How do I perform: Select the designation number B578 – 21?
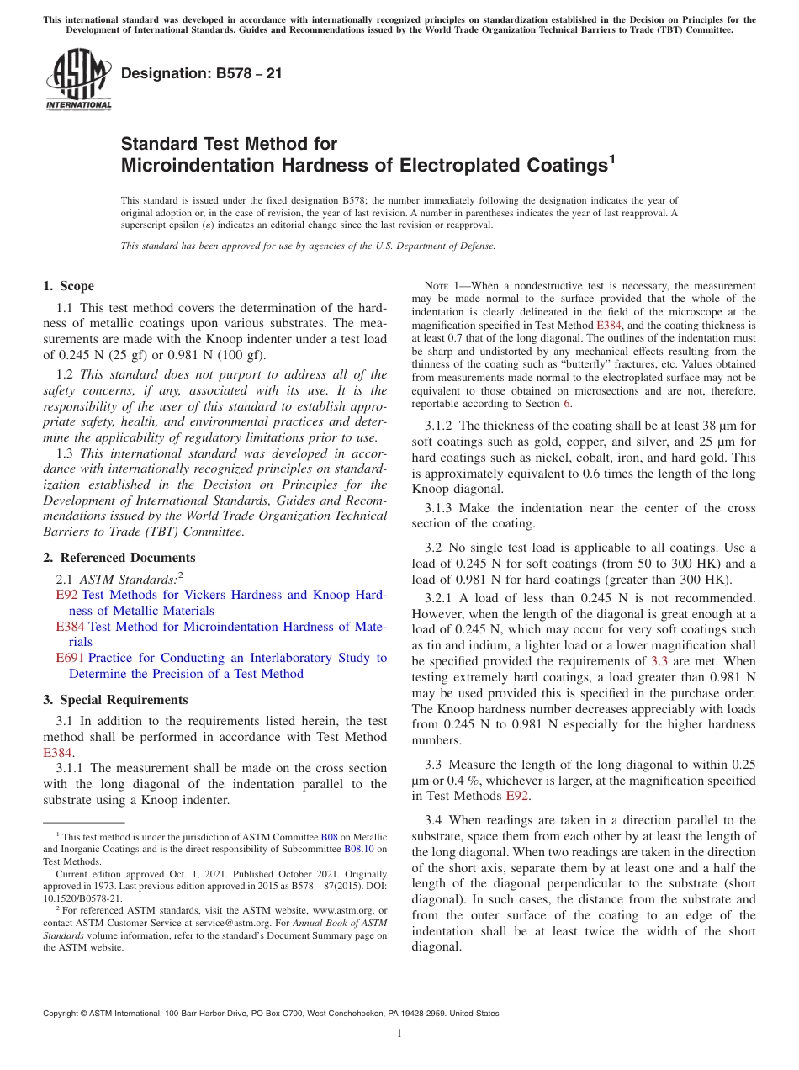tap(202, 73)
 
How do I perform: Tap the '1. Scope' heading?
tap(68, 286)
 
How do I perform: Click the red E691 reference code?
tap(71, 658)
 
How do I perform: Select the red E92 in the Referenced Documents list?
tap(66, 595)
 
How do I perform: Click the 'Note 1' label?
tap(433, 286)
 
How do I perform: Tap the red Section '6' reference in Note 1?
tap(567, 404)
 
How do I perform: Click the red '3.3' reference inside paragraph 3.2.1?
tap(659, 661)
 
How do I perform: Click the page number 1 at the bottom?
tap(399, 1034)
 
